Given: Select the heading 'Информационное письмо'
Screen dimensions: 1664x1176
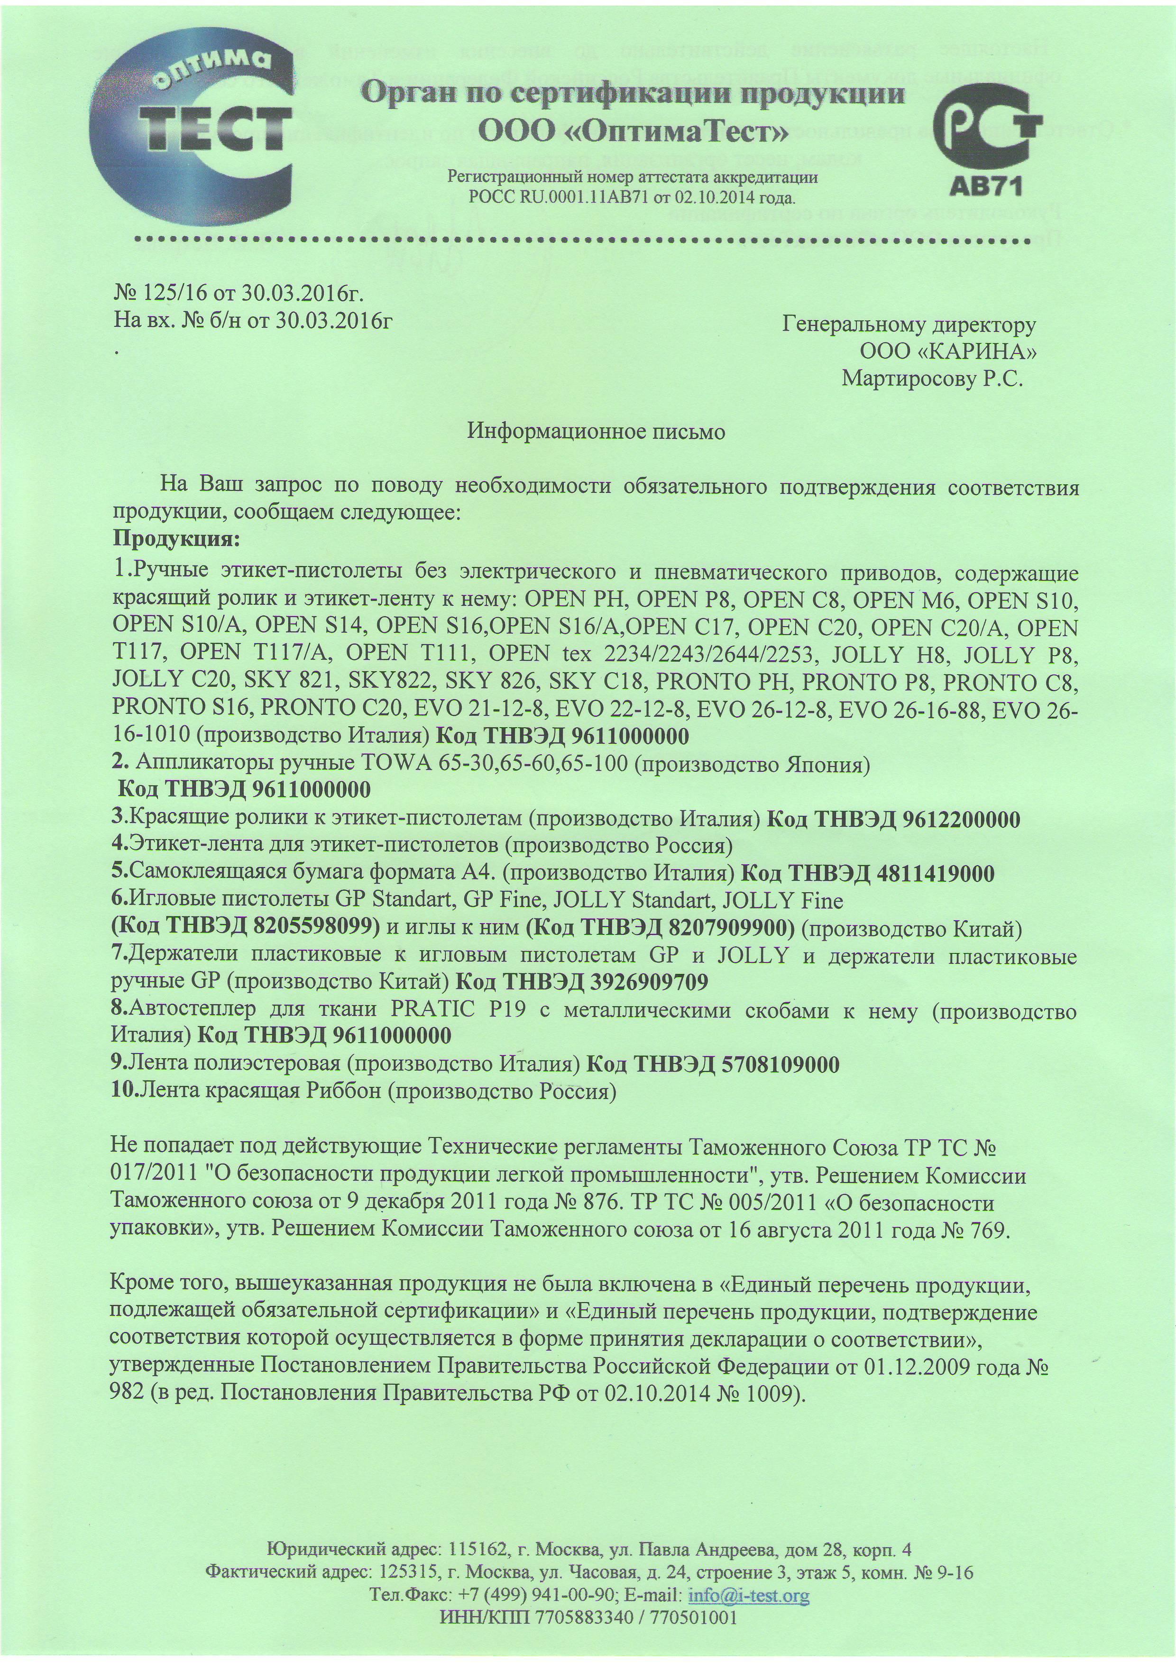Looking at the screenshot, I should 596,432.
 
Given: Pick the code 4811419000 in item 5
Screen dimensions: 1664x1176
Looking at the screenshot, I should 936,874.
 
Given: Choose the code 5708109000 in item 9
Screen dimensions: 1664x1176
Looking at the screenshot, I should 781,1064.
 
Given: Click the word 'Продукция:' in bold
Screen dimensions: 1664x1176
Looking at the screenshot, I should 176,540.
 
